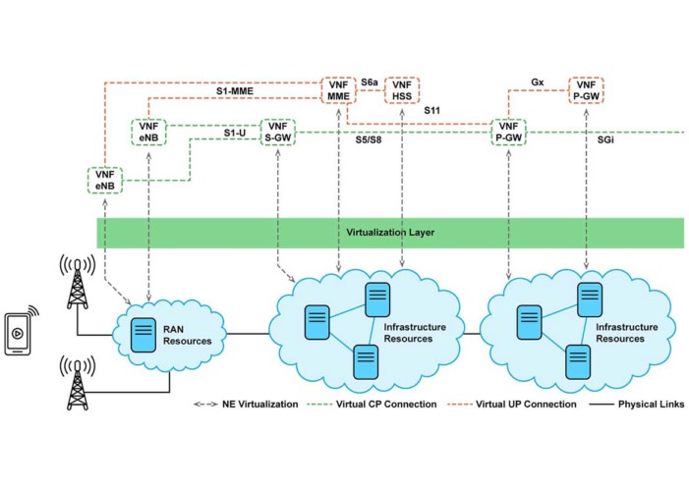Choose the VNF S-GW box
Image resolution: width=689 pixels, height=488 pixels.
tap(277, 133)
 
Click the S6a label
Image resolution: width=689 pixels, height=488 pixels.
tap(370, 81)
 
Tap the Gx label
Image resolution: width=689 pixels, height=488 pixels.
tap(536, 81)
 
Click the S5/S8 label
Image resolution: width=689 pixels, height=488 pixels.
tap(371, 141)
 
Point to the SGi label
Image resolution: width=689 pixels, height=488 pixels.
tap(607, 141)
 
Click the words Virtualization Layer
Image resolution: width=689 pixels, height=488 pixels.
tap(391, 233)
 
